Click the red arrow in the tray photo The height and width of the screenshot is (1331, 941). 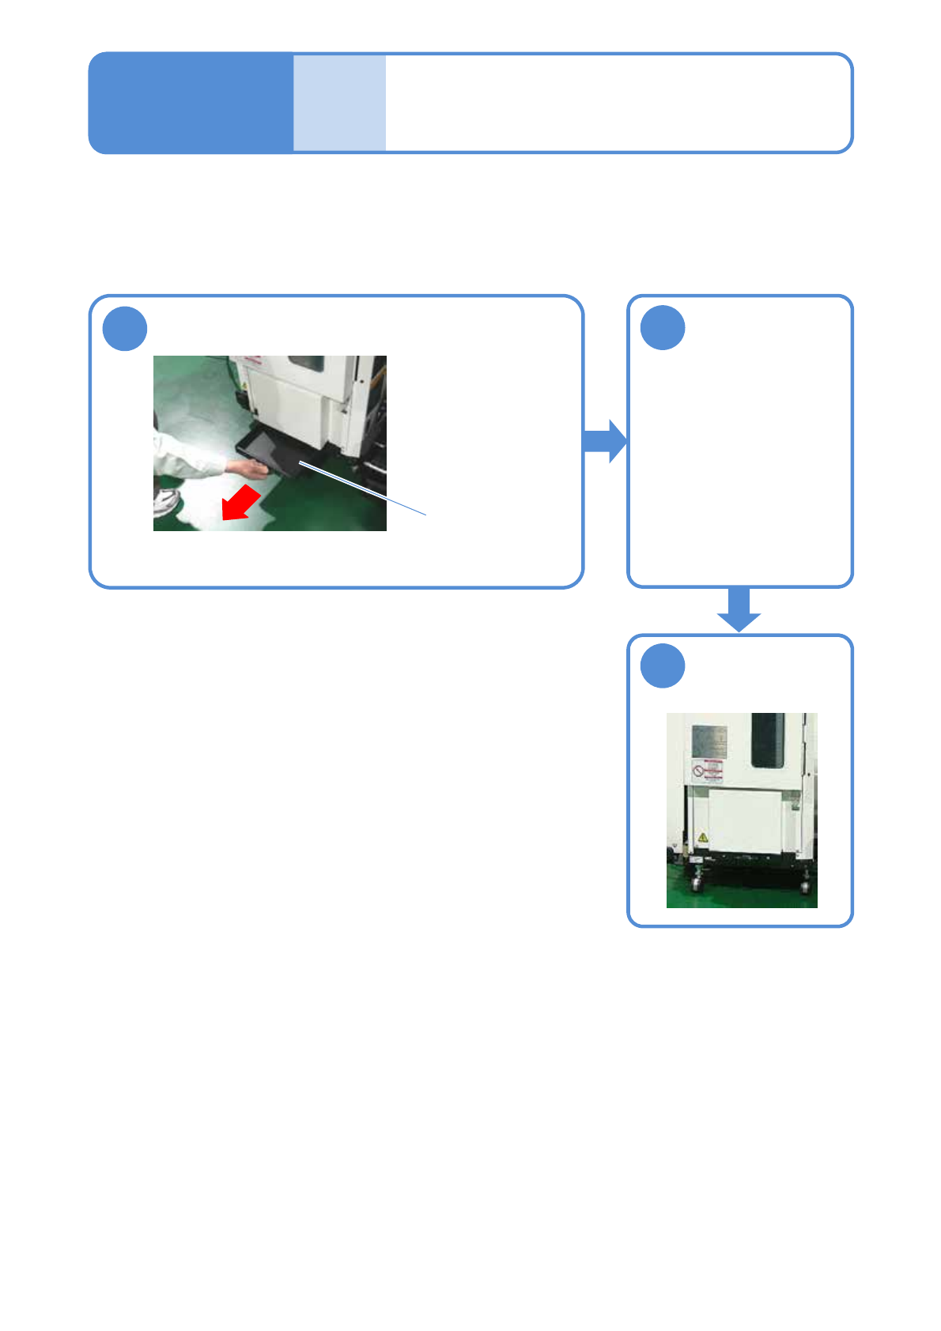(x=240, y=503)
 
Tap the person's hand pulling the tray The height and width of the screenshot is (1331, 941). (x=252, y=469)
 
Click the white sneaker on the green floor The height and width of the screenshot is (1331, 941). (x=167, y=501)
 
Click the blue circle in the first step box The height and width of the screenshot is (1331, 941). (x=125, y=329)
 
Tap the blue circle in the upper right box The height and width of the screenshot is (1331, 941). (x=663, y=328)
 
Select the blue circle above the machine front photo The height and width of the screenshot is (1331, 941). (x=663, y=666)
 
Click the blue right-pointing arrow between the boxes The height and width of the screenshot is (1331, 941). (x=605, y=441)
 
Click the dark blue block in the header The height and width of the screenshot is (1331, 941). (x=191, y=103)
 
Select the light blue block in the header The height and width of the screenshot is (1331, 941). (x=340, y=103)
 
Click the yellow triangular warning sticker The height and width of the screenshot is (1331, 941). (x=702, y=837)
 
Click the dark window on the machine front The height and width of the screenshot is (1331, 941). (x=767, y=740)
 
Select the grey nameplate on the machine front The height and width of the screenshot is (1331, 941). (x=709, y=741)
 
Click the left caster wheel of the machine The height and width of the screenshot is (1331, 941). (x=697, y=884)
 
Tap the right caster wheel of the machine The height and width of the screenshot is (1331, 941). (x=805, y=885)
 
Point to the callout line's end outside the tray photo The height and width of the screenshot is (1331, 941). (x=426, y=515)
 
